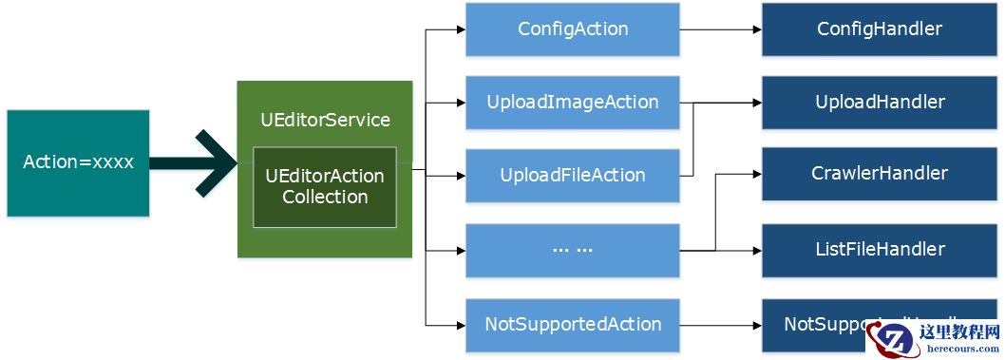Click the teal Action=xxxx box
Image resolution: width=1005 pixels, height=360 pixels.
tap(78, 162)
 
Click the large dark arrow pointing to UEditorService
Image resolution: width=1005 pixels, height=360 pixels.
tap(195, 162)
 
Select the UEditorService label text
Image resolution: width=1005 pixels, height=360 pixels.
tap(325, 120)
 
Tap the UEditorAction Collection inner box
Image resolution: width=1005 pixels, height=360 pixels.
tap(324, 187)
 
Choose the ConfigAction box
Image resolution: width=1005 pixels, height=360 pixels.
tap(572, 28)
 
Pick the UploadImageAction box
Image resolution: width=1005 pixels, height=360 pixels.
tap(572, 103)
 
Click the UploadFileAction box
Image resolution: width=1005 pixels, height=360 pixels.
tap(572, 176)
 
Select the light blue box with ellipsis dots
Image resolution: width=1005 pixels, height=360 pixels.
tap(572, 250)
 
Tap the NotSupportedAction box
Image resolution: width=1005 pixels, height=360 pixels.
tap(572, 324)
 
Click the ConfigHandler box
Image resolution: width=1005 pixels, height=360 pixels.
tap(880, 28)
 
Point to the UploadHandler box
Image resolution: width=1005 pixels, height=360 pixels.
tap(880, 102)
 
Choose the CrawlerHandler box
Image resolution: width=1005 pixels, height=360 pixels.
tap(880, 174)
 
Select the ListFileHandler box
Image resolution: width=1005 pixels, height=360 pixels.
tap(880, 249)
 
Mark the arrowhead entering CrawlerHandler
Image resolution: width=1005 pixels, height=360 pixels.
tap(756, 175)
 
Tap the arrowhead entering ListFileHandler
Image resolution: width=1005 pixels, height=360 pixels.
tap(756, 250)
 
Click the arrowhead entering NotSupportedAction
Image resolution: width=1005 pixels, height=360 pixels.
tap(460, 325)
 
